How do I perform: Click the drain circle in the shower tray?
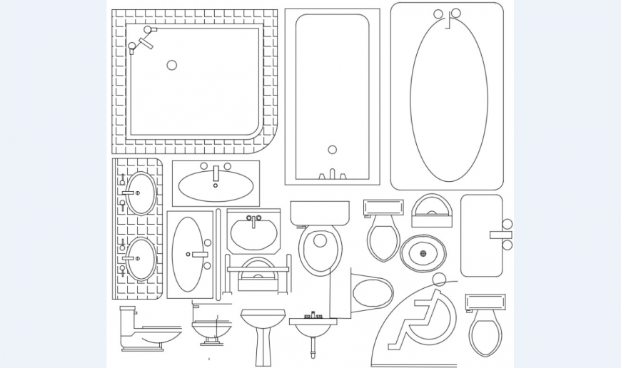[x=172, y=65]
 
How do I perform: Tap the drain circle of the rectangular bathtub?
[x=332, y=150]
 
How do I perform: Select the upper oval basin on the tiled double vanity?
[x=142, y=193]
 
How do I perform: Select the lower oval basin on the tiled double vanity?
[x=142, y=258]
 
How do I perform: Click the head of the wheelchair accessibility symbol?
[x=439, y=280]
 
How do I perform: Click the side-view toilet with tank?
[x=146, y=331]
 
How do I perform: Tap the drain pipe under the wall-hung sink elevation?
[x=313, y=347]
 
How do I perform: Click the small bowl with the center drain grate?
[x=423, y=253]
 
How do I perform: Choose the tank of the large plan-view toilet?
[x=320, y=213]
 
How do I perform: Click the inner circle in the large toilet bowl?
[x=320, y=241]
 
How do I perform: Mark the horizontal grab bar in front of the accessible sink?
[x=258, y=270]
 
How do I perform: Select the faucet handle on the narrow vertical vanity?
[x=199, y=254]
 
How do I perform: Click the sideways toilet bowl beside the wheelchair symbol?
[x=372, y=293]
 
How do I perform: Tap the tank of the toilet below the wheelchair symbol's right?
[x=485, y=302]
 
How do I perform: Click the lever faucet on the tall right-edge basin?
[x=500, y=235]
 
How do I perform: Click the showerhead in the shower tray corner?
[x=145, y=44]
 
